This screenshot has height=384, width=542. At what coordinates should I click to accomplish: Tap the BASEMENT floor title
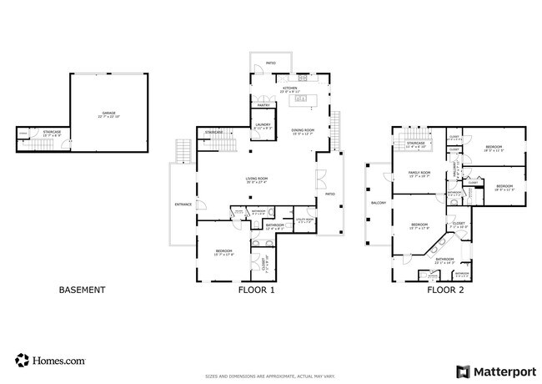pos(82,290)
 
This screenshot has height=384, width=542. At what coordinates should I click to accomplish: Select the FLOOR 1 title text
pos(257,290)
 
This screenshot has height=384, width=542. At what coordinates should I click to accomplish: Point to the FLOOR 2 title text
pos(446,290)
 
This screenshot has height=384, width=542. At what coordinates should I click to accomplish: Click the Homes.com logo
pos(50,361)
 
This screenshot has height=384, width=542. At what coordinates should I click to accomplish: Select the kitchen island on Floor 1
pos(301,101)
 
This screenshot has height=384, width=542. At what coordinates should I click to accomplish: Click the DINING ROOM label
pos(302,131)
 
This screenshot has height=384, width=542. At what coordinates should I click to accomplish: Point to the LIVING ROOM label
pos(256,179)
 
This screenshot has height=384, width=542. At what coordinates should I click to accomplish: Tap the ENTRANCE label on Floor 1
pos(183,205)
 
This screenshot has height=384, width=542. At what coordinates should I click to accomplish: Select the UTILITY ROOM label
pos(304,220)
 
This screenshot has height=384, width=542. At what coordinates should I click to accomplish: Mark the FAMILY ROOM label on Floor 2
pos(419,174)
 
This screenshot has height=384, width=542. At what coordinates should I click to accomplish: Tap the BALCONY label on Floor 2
pos(377,202)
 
